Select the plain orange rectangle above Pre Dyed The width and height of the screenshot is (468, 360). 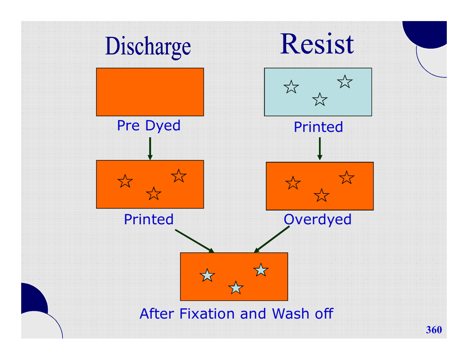point(150,92)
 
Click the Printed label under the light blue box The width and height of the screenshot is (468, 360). point(318,127)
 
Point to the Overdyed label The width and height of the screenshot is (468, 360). point(317,220)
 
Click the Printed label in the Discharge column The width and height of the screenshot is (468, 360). point(148,219)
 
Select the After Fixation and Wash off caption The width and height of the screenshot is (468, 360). point(236,314)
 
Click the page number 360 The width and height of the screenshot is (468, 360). point(434,330)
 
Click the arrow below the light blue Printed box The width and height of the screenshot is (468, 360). point(319,148)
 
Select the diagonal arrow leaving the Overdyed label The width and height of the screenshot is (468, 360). point(271,239)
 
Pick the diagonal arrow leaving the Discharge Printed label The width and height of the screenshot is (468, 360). point(194,241)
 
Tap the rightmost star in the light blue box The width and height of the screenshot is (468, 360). point(345,81)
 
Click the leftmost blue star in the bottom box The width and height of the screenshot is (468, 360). point(207,275)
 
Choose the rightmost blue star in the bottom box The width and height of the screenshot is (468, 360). point(261,270)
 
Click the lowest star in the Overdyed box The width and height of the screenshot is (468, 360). point(321,195)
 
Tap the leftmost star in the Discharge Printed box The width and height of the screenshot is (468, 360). point(125,181)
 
